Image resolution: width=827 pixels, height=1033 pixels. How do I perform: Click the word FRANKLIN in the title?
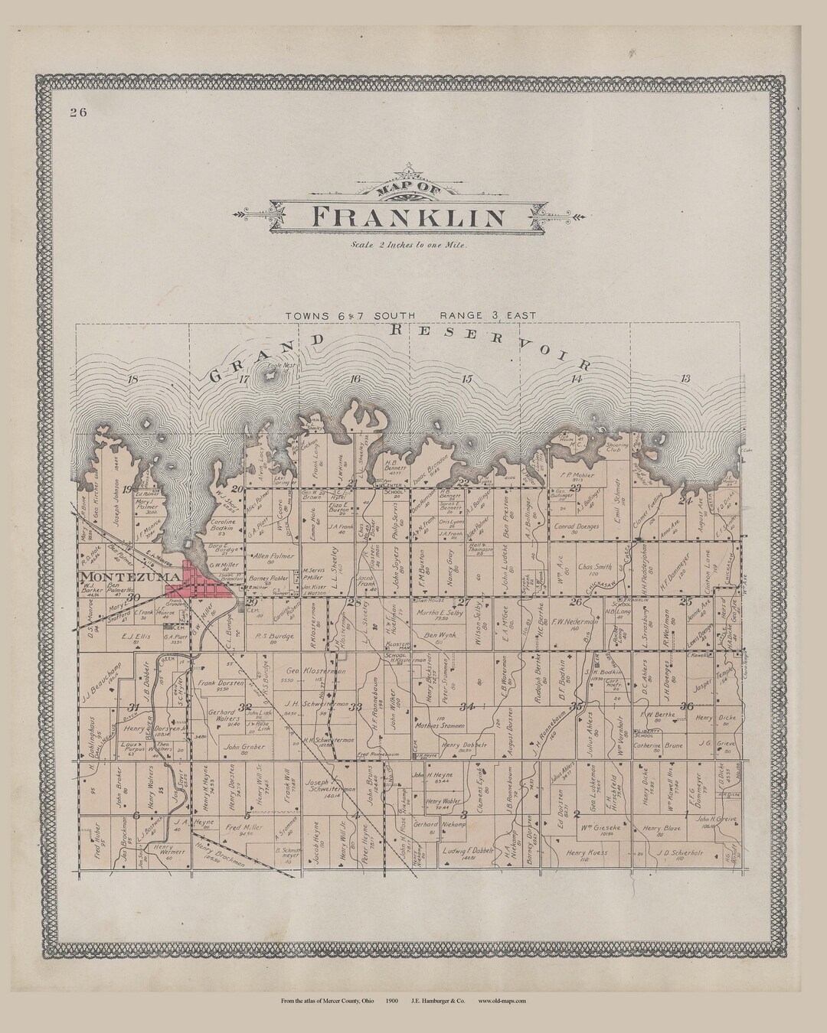point(410,218)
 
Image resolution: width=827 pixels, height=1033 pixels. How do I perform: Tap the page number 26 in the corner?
point(77,112)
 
